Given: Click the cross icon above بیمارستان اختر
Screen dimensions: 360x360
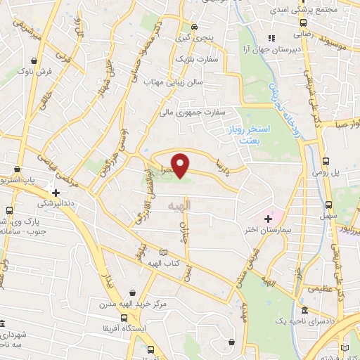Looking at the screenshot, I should tap(268, 219).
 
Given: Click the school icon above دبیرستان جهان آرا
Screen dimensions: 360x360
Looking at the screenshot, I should tap(269, 38).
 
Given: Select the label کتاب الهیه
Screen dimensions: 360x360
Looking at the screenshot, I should tap(165, 262).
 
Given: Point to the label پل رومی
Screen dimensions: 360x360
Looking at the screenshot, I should tap(326, 173).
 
